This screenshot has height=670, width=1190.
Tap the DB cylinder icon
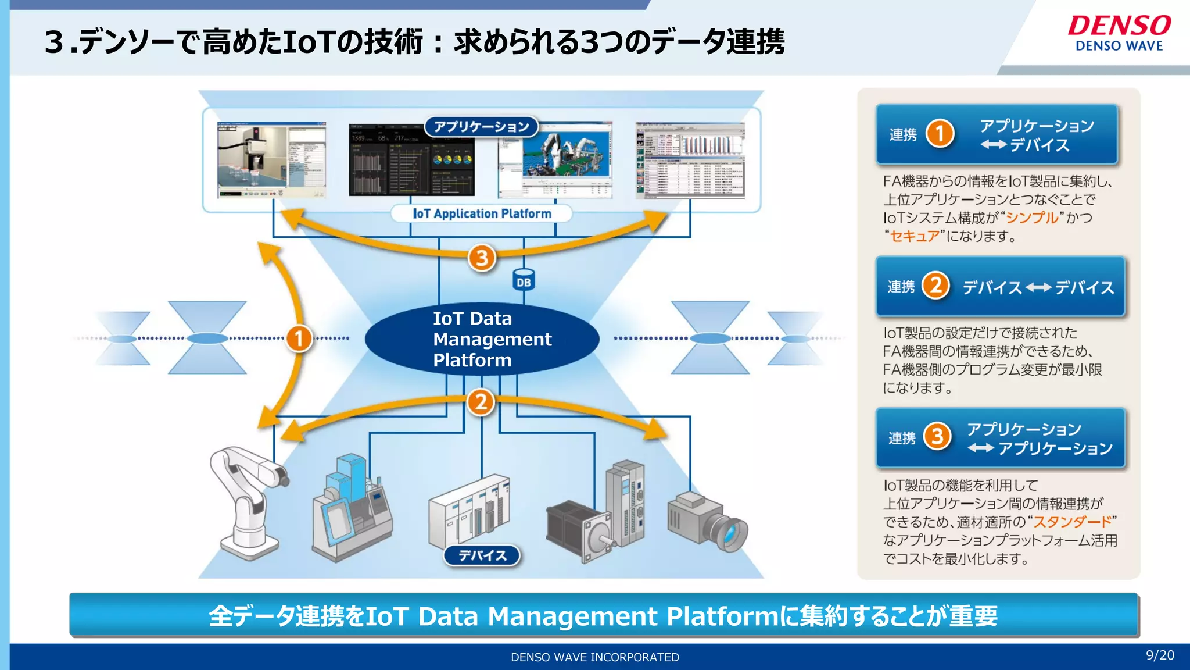(x=524, y=280)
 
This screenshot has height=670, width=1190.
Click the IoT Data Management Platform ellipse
(x=482, y=339)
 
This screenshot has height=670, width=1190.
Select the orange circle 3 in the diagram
(x=482, y=258)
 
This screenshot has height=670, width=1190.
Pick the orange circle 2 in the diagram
(x=481, y=402)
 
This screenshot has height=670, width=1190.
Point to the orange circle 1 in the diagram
(x=299, y=338)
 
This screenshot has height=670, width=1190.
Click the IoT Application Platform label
(x=482, y=213)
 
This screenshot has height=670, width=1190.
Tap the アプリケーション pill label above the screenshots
(x=481, y=126)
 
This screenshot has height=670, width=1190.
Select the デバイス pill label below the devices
(x=482, y=555)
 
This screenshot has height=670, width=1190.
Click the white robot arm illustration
(x=247, y=500)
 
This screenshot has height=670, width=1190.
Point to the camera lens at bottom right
(x=731, y=533)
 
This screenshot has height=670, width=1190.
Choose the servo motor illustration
(x=581, y=529)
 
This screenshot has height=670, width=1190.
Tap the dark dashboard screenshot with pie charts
(x=411, y=159)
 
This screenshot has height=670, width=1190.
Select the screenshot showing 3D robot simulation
(x=555, y=159)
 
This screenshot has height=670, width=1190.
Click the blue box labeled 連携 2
(x=1000, y=287)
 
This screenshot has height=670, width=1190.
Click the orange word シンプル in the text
(x=1032, y=218)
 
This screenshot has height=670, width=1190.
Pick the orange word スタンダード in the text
(x=1072, y=522)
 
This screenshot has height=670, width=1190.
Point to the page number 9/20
(x=1159, y=655)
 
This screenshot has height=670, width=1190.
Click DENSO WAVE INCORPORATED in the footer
(x=594, y=657)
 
